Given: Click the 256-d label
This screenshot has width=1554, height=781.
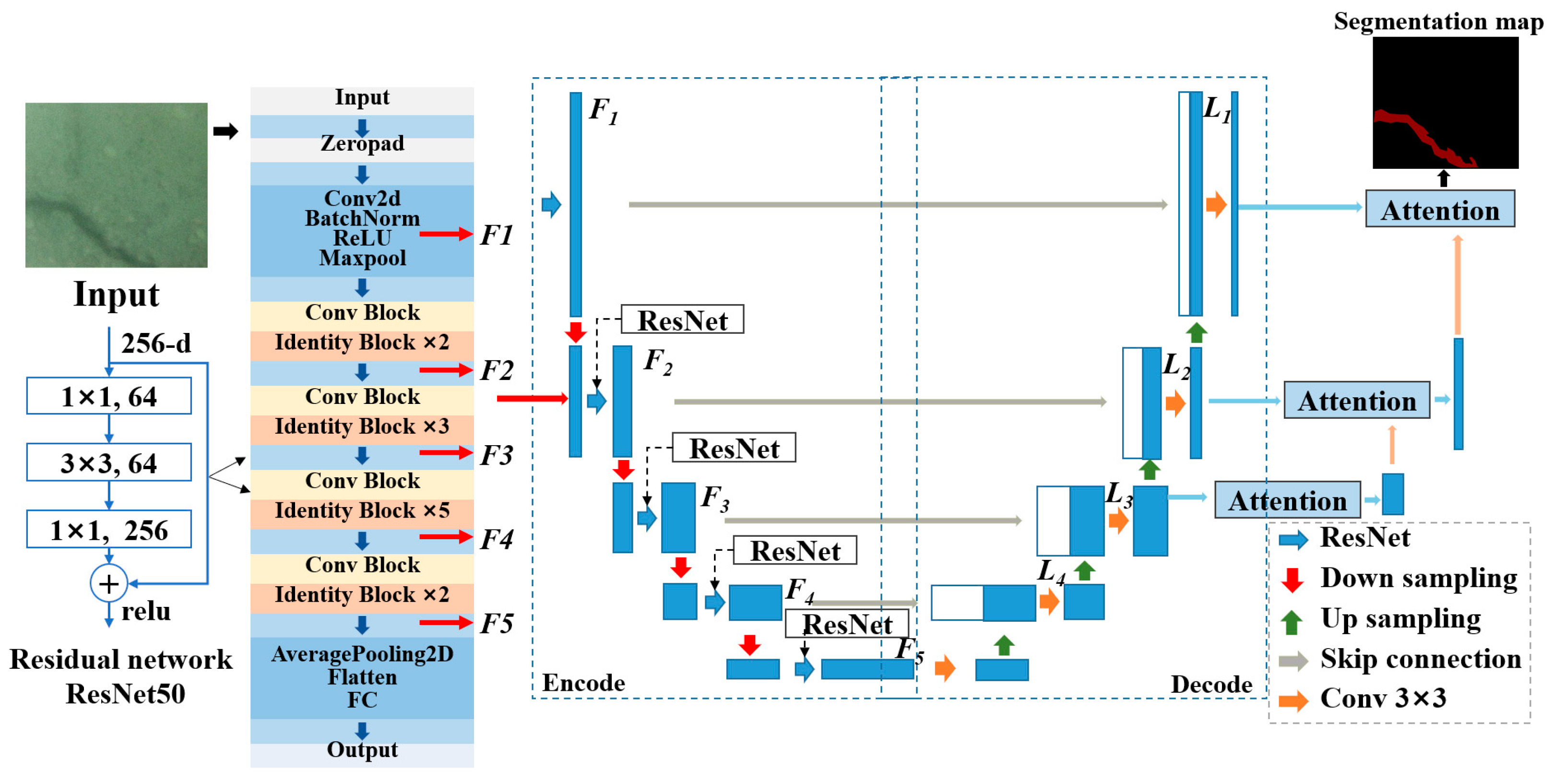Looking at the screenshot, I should (x=155, y=343).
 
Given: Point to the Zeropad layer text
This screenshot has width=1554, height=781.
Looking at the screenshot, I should (x=362, y=143).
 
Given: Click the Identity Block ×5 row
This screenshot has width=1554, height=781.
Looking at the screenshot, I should (x=362, y=511).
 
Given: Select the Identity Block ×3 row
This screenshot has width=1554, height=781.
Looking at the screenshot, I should (x=362, y=426).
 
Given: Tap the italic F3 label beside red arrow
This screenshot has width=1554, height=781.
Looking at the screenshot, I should (x=497, y=455).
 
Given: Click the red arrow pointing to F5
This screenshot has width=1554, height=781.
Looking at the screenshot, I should (x=445, y=622).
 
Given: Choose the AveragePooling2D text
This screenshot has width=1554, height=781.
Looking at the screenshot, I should (x=362, y=654).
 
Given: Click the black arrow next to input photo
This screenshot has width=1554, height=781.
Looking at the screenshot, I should (x=225, y=131).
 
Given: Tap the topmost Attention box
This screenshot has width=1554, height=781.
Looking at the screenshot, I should (x=1439, y=209).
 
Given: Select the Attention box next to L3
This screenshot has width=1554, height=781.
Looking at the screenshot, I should (x=1287, y=500).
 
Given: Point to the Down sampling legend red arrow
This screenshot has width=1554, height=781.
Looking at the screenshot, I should (x=1292, y=579).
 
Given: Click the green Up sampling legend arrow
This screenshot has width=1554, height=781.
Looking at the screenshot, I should (x=1292, y=621).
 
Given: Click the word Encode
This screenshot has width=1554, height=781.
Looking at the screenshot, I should (x=583, y=682).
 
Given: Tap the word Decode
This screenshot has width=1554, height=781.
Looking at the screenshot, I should (x=1211, y=685).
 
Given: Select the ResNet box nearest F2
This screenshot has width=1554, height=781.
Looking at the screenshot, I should (x=682, y=319).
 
